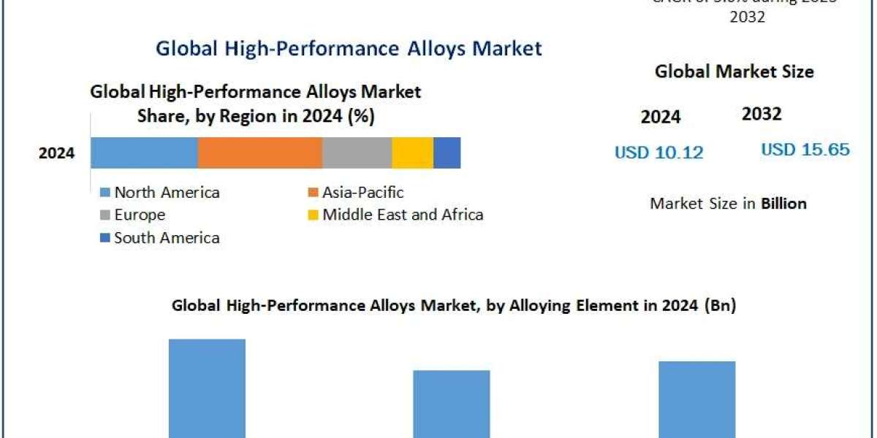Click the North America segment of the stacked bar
[144, 153]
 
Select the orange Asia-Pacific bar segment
[259, 153]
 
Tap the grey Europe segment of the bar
[357, 153]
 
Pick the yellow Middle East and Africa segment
[412, 153]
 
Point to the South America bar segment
[447, 153]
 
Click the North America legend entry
[160, 193]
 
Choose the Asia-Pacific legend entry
[356, 193]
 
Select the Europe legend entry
[132, 215]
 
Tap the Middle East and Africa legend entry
[395, 215]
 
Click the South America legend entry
[160, 237]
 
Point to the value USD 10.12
[658, 152]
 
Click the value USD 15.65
[805, 150]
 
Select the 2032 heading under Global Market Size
[762, 114]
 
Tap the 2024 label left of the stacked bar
[56, 153]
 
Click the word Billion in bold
[783, 204]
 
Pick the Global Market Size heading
[734, 72]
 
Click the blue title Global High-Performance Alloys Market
[349, 48]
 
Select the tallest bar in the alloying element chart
[207, 388]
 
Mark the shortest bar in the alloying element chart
[452, 403]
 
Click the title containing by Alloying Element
[453, 306]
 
